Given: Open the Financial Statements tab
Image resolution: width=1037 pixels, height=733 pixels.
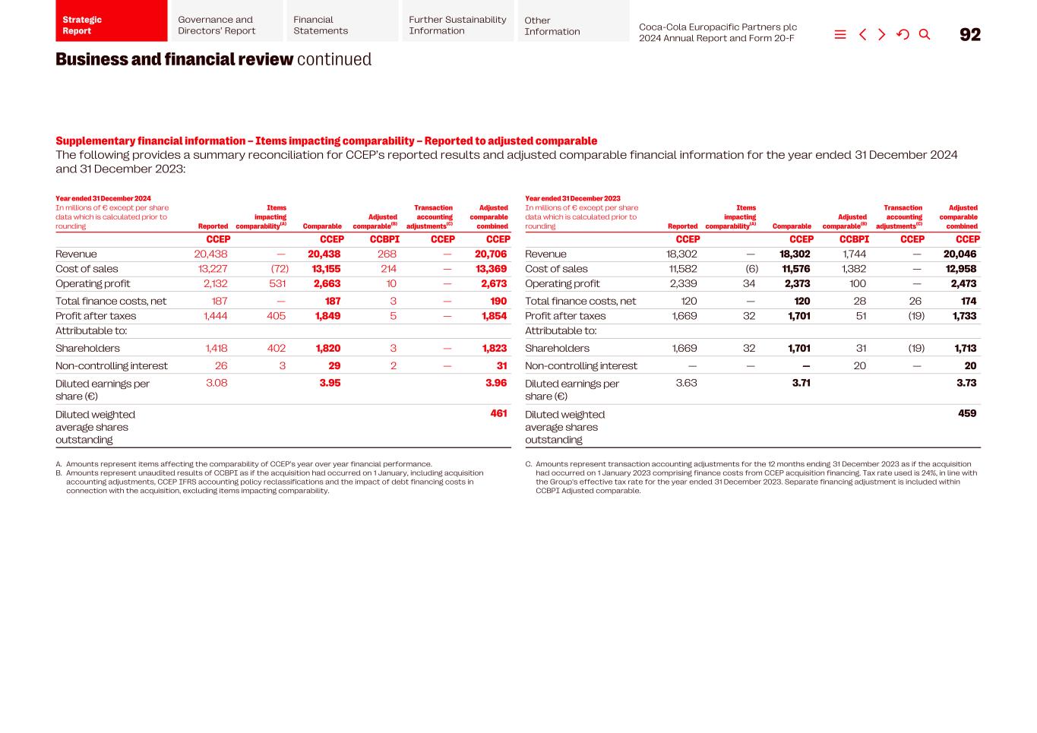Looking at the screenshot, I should (x=342, y=25).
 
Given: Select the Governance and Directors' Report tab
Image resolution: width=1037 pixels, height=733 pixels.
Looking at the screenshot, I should (x=226, y=25).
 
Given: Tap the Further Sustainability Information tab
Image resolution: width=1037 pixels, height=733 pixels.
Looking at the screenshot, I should (x=457, y=25).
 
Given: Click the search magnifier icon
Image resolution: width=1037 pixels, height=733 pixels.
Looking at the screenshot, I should (x=925, y=34).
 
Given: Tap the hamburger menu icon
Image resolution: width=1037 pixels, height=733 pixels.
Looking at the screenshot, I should (x=840, y=34).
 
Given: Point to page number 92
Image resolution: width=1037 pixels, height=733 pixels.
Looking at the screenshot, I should (x=970, y=34).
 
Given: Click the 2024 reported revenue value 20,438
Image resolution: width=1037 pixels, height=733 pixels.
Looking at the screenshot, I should (x=210, y=254).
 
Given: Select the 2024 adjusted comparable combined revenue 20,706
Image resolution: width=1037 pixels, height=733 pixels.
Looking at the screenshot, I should (x=491, y=254).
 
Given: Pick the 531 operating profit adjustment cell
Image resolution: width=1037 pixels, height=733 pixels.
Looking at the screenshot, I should (x=277, y=283).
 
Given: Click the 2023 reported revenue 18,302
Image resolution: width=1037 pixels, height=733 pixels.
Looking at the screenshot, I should (x=681, y=254).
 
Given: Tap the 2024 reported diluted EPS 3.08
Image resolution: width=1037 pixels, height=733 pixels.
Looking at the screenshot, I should (x=217, y=383).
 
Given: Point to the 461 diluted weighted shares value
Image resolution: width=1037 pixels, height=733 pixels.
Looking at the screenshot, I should (x=498, y=414).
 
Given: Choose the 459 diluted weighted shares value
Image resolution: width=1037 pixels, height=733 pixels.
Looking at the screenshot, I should (x=967, y=414).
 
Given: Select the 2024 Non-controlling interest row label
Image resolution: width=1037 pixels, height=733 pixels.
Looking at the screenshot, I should (x=112, y=366).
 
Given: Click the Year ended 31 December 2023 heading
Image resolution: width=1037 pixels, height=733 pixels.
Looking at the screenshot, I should (x=573, y=198).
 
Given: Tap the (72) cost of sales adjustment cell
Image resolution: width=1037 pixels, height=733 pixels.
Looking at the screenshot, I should (x=280, y=269).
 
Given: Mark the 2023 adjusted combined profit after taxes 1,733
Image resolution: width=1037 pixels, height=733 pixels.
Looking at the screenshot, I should (x=964, y=316).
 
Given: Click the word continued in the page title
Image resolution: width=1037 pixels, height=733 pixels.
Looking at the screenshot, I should (x=334, y=59).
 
